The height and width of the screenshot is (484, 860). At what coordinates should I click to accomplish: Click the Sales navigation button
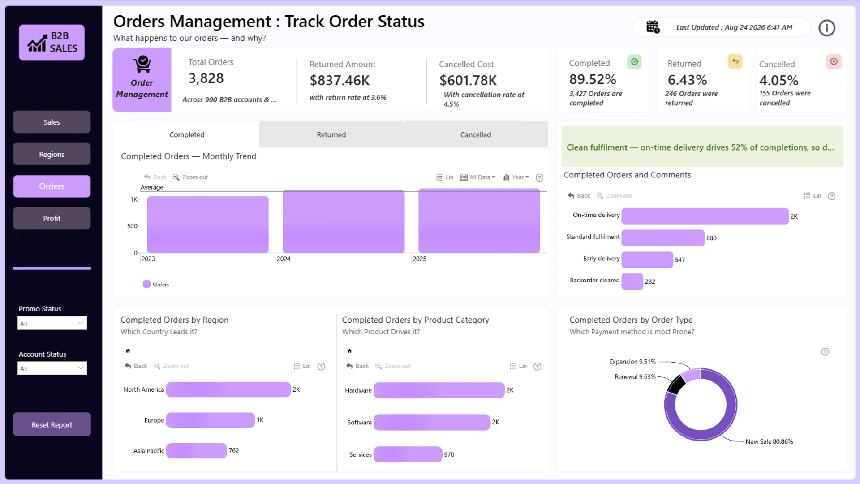52,122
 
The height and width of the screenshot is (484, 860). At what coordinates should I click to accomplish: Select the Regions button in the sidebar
52,154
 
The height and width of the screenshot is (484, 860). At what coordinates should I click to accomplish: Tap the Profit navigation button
52,218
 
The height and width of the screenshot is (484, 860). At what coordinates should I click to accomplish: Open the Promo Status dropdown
52,323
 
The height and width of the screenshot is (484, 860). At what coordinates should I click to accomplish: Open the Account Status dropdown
52,368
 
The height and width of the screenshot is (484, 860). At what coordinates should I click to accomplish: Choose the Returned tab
331,134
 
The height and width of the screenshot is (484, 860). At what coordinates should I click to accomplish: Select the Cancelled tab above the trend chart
476,134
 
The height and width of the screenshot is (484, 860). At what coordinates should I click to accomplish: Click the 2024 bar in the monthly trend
344,222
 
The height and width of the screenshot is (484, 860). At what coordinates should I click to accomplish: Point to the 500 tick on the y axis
132,226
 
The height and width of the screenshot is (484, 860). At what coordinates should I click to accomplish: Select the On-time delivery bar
705,216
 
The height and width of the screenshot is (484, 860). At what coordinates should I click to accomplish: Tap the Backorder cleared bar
632,281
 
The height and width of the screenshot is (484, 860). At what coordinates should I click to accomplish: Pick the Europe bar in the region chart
210,420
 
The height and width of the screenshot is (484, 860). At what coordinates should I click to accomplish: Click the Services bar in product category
408,454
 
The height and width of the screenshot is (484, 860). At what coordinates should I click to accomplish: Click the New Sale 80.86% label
769,441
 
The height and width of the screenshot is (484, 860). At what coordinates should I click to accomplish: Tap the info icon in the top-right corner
827,28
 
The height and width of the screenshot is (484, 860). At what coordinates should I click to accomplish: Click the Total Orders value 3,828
206,78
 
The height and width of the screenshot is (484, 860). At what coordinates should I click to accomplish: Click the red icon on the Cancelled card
834,61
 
